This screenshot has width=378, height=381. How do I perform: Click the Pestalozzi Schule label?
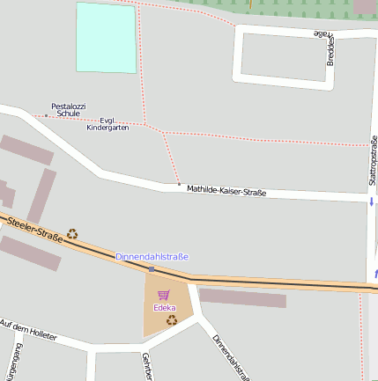pos(68,110)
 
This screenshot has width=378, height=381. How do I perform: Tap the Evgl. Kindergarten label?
pos(107,124)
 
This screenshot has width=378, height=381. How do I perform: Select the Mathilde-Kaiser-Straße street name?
pos(226,190)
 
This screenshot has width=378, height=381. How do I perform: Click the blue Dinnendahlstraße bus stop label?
pos(152,257)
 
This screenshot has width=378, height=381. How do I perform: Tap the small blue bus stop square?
pos(152,268)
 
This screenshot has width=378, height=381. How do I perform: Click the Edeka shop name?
pos(164,308)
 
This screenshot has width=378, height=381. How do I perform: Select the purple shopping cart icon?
pos(163,295)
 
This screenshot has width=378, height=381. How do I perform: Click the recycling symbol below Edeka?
pos(172,319)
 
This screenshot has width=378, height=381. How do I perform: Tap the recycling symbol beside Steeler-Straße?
pos(72,234)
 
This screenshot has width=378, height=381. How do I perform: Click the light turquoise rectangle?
pos(107,37)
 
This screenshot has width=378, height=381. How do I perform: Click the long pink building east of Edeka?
pos(242,297)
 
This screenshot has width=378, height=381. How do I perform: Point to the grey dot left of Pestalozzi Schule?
pos(47,115)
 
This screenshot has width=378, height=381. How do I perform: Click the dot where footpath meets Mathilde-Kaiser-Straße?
pos(179,185)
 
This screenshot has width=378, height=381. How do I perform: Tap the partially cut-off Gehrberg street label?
pos(146,368)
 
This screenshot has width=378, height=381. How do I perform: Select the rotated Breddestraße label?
pos(330,48)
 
